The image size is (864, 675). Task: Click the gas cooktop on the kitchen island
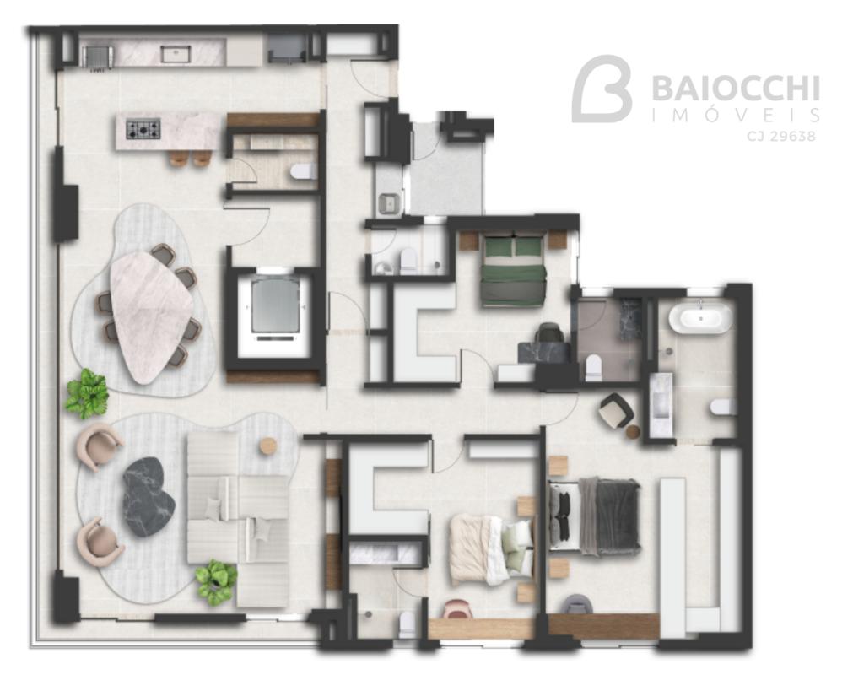pyautogui.click(x=143, y=129)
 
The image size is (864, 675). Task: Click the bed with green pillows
pyautogui.click(x=514, y=268)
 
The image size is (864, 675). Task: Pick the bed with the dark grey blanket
pyautogui.click(x=595, y=516)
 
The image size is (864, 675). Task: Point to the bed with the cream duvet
pyautogui.click(x=492, y=548)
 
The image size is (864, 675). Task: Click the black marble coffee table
pyautogui.click(x=148, y=496)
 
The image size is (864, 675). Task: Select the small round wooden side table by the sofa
pyautogui.click(x=267, y=445)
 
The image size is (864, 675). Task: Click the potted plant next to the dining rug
pyautogui.click(x=87, y=393)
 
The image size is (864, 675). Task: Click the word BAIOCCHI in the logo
pyautogui.click(x=736, y=88)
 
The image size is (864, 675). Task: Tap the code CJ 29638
pyautogui.click(x=781, y=136)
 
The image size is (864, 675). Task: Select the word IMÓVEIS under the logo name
pyautogui.click(x=736, y=115)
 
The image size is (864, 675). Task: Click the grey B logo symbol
pyautogui.click(x=602, y=88)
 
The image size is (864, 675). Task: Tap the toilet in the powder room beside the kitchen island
pyautogui.click(x=302, y=172)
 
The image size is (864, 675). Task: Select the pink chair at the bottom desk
pyautogui.click(x=456, y=609)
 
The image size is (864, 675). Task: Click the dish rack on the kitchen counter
pyautogui.click(x=98, y=57)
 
